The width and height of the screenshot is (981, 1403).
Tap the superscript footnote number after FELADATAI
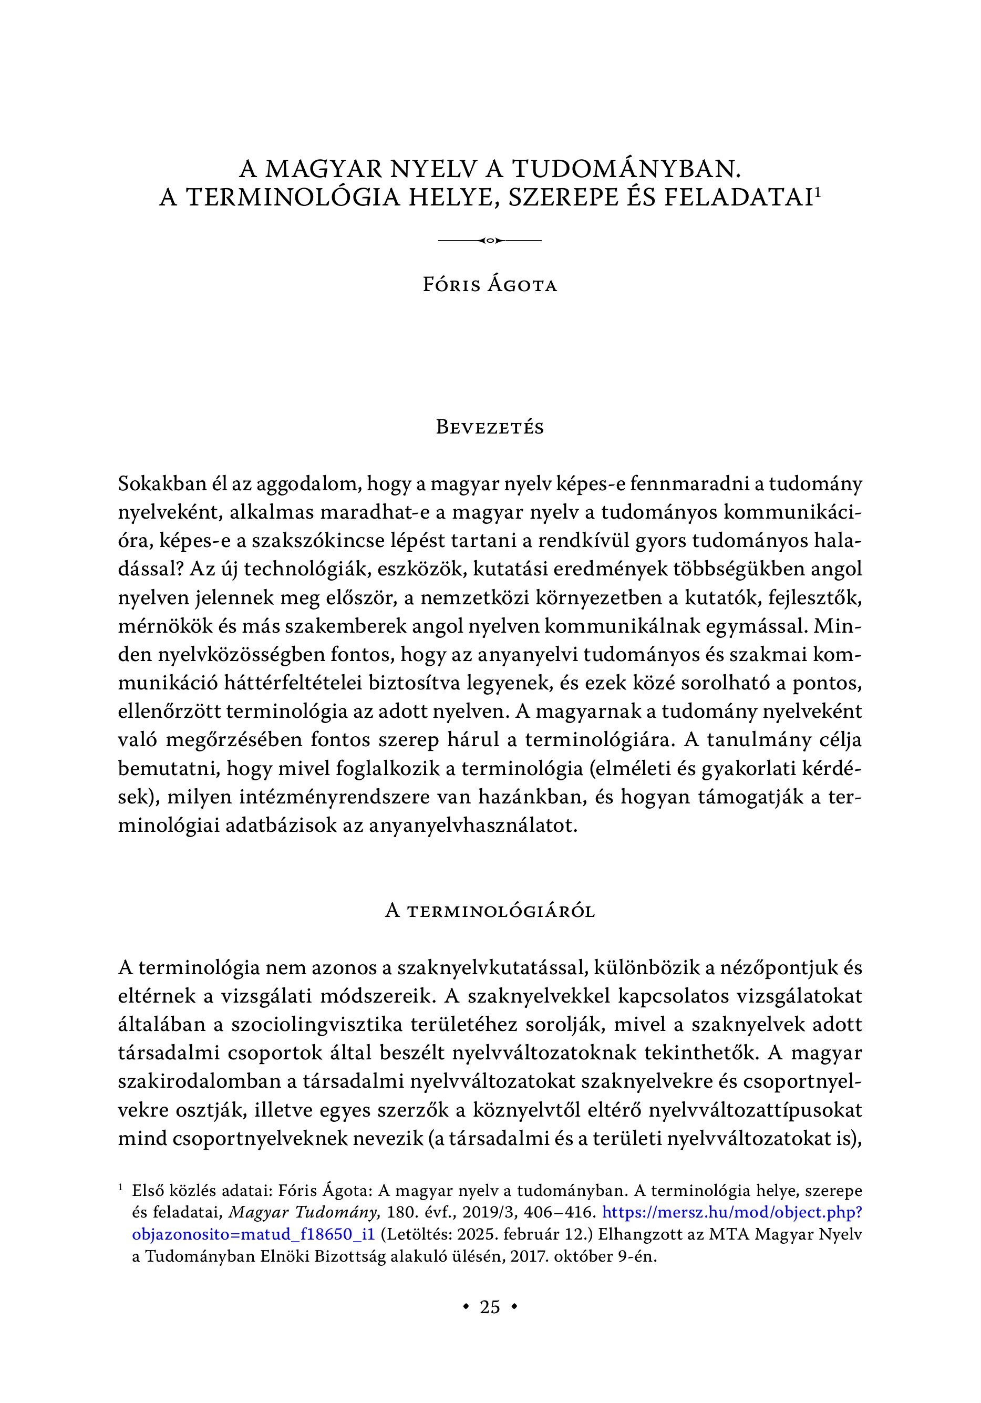click(817, 191)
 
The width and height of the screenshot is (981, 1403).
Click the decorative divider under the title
click(490, 241)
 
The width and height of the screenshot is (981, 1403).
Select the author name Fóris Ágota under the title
click(490, 285)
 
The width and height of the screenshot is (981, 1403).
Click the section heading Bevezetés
click(490, 427)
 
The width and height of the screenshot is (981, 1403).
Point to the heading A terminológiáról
click(490, 911)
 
